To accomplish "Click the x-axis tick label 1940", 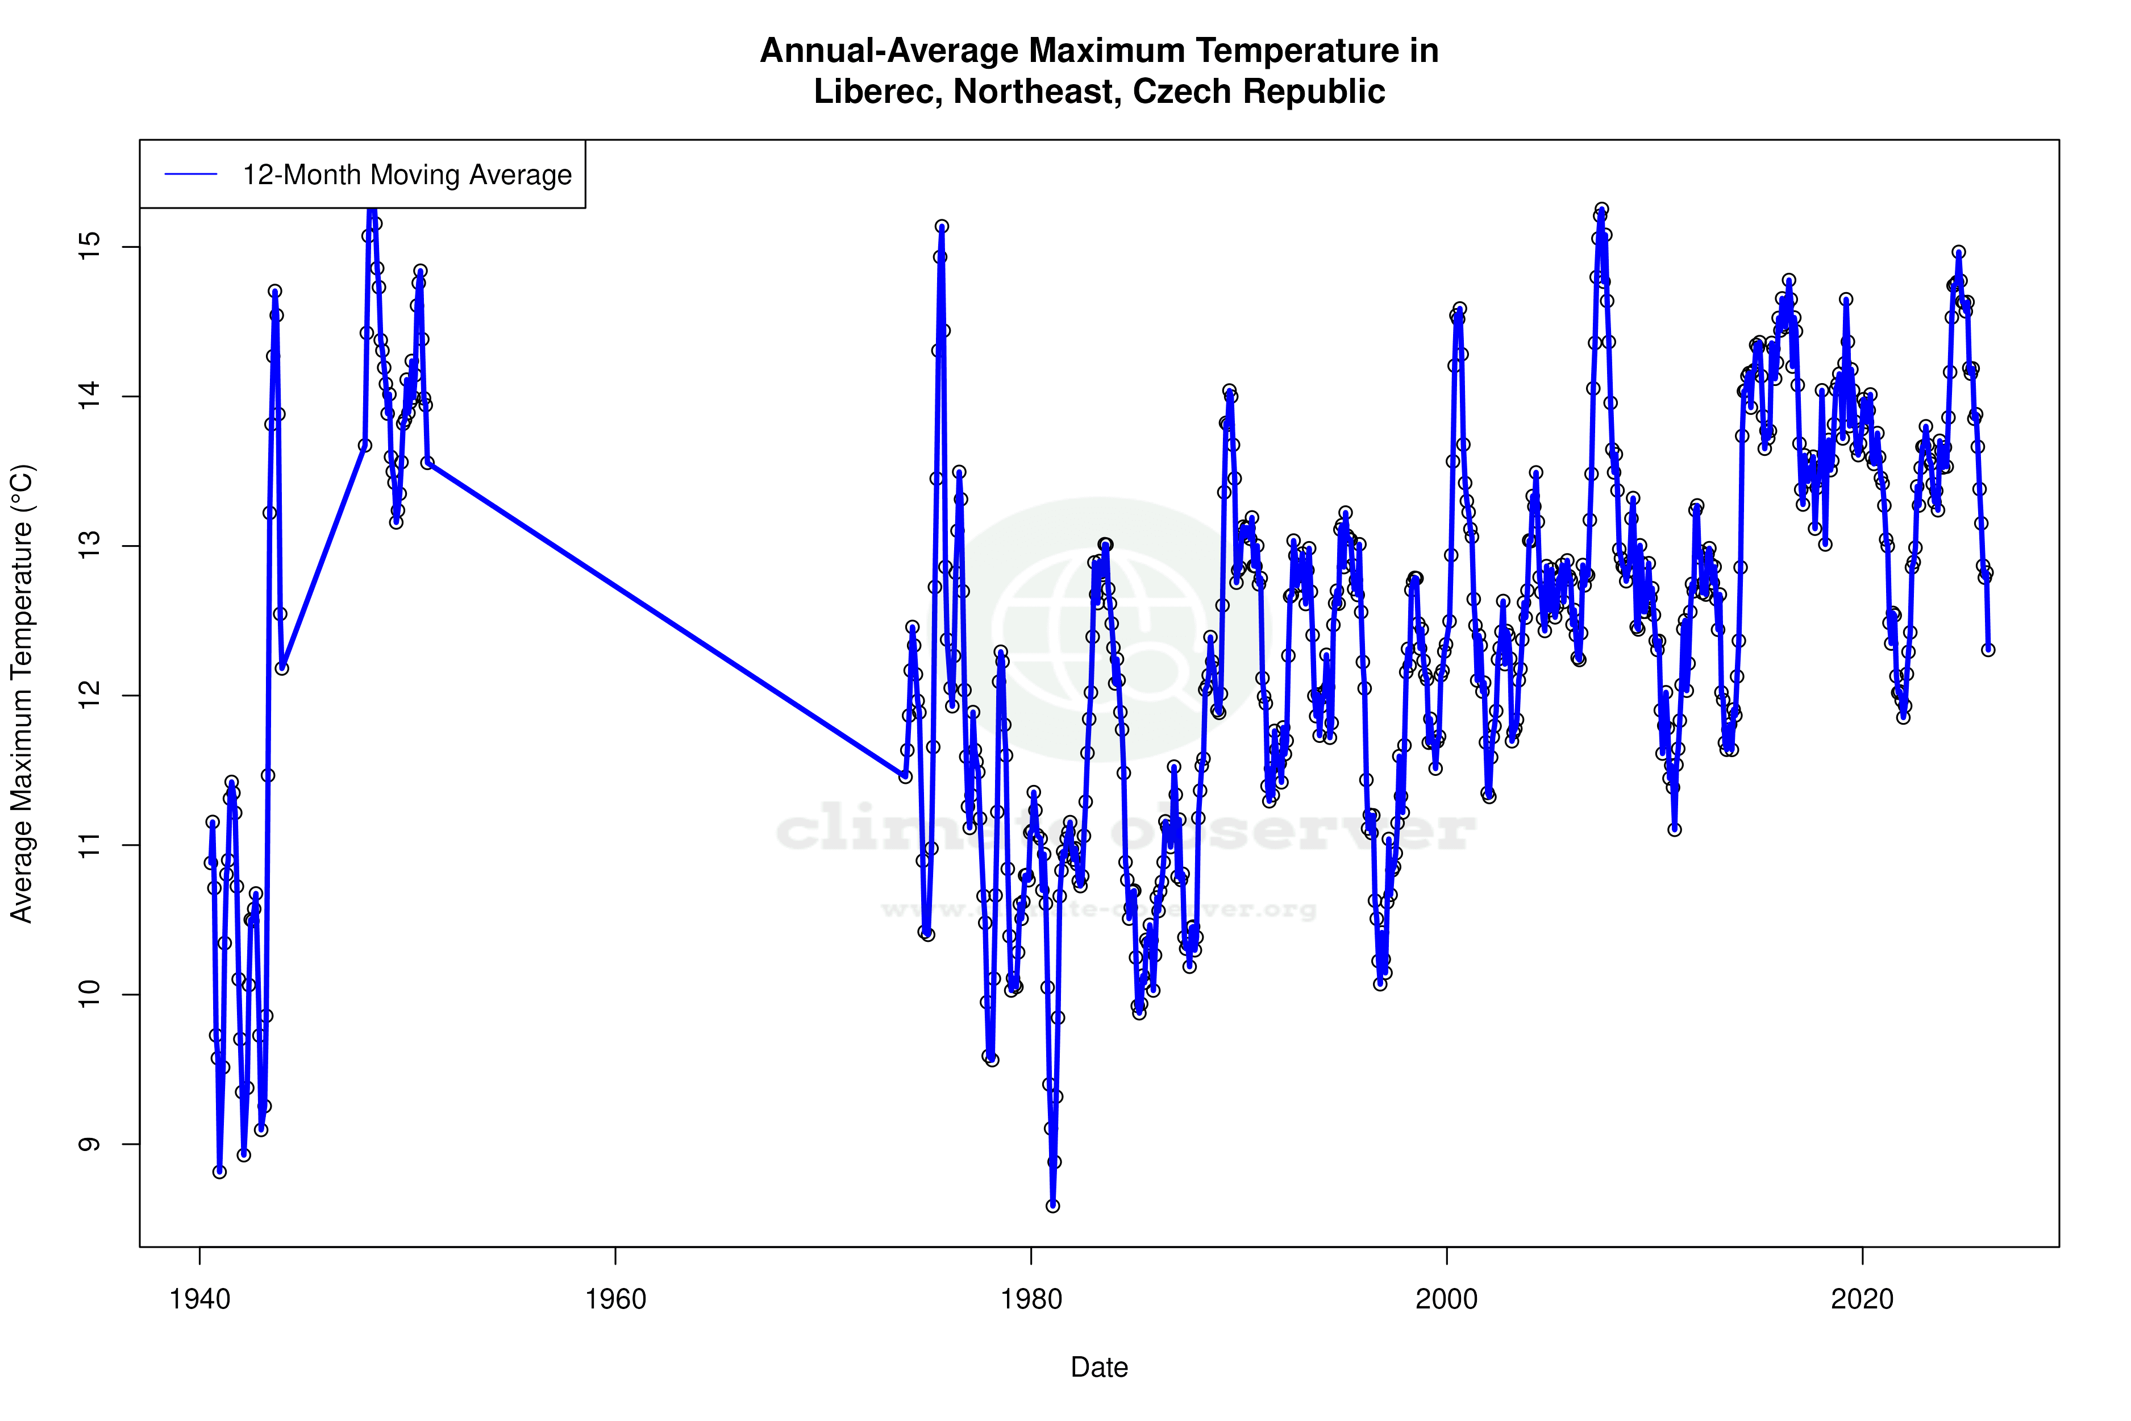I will [199, 1299].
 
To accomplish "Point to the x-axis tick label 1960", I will [615, 1299].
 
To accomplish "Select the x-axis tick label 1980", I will [1031, 1299].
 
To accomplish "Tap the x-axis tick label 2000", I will [1446, 1299].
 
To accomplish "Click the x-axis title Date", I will [1099, 1368].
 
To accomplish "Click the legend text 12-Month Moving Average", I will [407, 175].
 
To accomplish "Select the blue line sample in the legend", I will [191, 175].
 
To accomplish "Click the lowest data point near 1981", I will [1053, 1206].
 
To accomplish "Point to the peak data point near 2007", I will [1602, 209].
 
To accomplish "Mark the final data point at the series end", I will [1988, 650].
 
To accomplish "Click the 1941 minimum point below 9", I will [219, 1172].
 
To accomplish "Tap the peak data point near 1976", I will [942, 227].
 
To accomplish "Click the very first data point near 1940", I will [209, 863].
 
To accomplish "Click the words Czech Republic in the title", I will [1259, 92].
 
